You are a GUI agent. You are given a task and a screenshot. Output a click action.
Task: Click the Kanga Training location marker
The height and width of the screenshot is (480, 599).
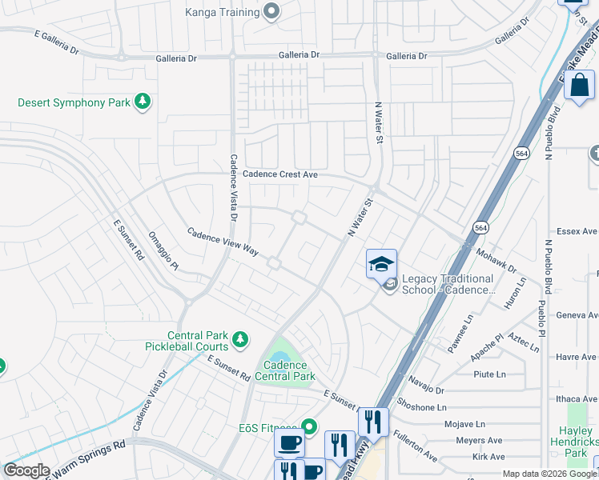coord(271,12)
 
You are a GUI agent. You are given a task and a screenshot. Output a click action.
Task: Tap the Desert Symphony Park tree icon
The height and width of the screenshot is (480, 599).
coord(143,102)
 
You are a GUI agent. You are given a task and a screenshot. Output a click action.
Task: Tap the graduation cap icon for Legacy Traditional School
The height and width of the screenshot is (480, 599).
coord(382,263)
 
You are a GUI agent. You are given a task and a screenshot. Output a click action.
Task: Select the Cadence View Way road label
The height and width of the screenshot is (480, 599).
coord(223,242)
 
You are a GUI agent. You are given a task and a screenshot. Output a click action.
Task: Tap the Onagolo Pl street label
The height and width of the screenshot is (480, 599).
coord(163,250)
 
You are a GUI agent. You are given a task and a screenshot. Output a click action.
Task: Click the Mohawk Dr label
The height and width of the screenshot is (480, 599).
coord(497,256)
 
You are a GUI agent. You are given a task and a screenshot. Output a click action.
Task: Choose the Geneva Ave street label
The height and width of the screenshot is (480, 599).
coord(577,315)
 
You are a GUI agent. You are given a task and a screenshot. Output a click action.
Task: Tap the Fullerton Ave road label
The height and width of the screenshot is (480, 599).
coord(415,446)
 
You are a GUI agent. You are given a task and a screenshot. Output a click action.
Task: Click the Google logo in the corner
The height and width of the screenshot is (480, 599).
coord(27,470)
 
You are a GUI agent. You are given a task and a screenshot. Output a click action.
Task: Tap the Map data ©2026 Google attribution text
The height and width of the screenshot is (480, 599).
coord(549,474)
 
